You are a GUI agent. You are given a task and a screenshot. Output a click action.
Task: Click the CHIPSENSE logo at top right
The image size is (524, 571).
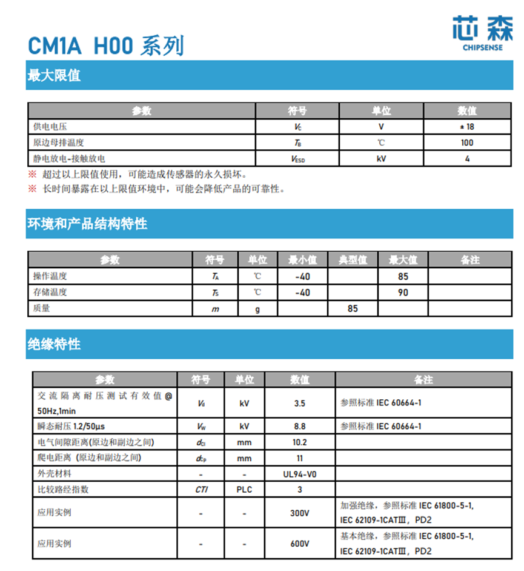click(x=482, y=33)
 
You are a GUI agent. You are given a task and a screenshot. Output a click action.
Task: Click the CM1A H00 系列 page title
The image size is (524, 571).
click(x=106, y=46)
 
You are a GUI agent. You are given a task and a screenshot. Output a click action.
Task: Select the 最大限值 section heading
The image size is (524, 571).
click(x=55, y=76)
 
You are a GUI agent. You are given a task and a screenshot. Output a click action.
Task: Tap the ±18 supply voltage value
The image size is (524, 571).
click(x=466, y=127)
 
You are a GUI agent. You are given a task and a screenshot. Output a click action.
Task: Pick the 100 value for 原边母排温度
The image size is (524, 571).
click(x=466, y=143)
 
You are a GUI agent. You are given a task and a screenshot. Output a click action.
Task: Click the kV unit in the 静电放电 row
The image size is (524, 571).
click(x=381, y=159)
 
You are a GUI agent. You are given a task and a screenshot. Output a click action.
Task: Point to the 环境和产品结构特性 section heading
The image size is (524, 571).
click(x=87, y=224)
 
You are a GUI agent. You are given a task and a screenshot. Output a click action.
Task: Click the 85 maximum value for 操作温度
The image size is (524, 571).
click(x=403, y=276)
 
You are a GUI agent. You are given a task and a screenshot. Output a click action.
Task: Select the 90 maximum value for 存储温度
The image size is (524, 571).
click(x=403, y=292)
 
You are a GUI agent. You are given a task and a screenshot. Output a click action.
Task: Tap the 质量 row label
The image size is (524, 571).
click(x=42, y=308)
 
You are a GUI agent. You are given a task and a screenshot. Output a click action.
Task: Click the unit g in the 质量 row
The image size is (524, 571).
click(x=257, y=308)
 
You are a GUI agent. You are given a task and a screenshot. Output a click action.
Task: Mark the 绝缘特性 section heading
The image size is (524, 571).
click(x=55, y=345)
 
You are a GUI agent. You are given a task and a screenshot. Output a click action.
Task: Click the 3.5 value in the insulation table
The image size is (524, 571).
click(x=299, y=403)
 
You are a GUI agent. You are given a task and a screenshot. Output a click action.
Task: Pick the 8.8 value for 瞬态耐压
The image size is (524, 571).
click(x=299, y=427)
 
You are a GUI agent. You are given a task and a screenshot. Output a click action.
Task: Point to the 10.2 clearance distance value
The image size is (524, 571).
click(x=299, y=442)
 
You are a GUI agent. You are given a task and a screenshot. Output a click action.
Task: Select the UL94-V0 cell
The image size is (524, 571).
click(x=299, y=474)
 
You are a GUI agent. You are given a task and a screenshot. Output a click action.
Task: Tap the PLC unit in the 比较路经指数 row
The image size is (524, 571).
click(x=244, y=490)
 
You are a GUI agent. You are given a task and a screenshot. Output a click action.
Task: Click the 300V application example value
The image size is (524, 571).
click(x=299, y=513)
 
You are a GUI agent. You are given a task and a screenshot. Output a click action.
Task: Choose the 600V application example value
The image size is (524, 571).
click(x=299, y=544)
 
